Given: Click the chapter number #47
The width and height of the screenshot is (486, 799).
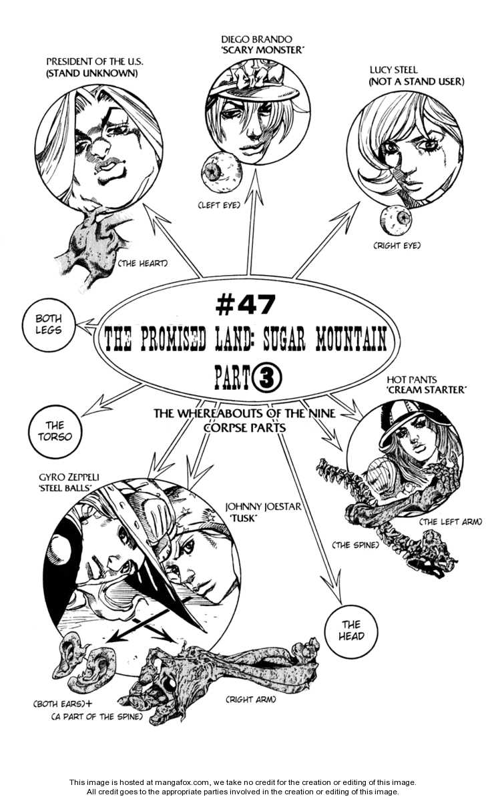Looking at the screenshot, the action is [x=245, y=305].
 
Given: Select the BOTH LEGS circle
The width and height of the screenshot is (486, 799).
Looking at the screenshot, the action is [x=49, y=324].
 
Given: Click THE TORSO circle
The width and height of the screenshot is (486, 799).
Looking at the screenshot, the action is [x=55, y=431].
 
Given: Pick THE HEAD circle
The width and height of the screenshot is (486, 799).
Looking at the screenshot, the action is [x=352, y=630].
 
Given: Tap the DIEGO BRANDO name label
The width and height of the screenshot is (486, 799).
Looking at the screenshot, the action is [x=256, y=39].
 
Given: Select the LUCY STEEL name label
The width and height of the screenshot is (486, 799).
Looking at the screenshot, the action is [x=393, y=70].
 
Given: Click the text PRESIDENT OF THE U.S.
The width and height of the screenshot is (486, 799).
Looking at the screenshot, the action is [x=95, y=61].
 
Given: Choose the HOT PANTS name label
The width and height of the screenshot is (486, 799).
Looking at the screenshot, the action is [x=411, y=380].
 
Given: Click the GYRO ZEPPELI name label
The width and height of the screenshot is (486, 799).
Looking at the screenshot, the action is [x=69, y=477].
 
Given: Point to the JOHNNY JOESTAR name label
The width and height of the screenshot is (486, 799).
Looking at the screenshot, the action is [x=264, y=507].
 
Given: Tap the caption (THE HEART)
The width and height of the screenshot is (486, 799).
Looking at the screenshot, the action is [x=143, y=264].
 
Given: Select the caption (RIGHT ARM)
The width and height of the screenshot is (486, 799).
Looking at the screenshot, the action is [x=250, y=699].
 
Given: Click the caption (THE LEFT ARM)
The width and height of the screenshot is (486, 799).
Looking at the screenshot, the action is [x=451, y=521].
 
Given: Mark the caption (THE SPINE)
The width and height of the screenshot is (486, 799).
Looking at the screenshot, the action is [x=356, y=545].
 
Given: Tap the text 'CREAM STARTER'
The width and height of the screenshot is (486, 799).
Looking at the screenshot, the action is [x=427, y=390].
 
